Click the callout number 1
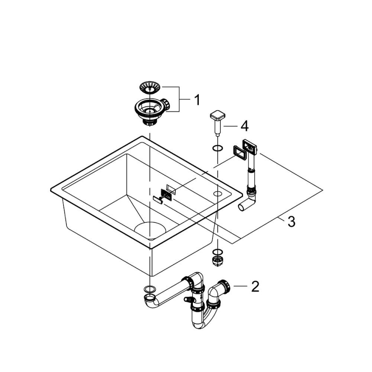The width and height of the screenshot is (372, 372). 197,100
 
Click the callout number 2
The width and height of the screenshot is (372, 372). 255,286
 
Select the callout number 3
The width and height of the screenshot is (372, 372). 291,222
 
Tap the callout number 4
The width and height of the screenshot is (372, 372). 244,126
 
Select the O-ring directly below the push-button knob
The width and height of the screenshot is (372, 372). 217,148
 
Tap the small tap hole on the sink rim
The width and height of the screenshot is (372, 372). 218,193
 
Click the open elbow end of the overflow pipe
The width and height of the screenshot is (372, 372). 242,208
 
